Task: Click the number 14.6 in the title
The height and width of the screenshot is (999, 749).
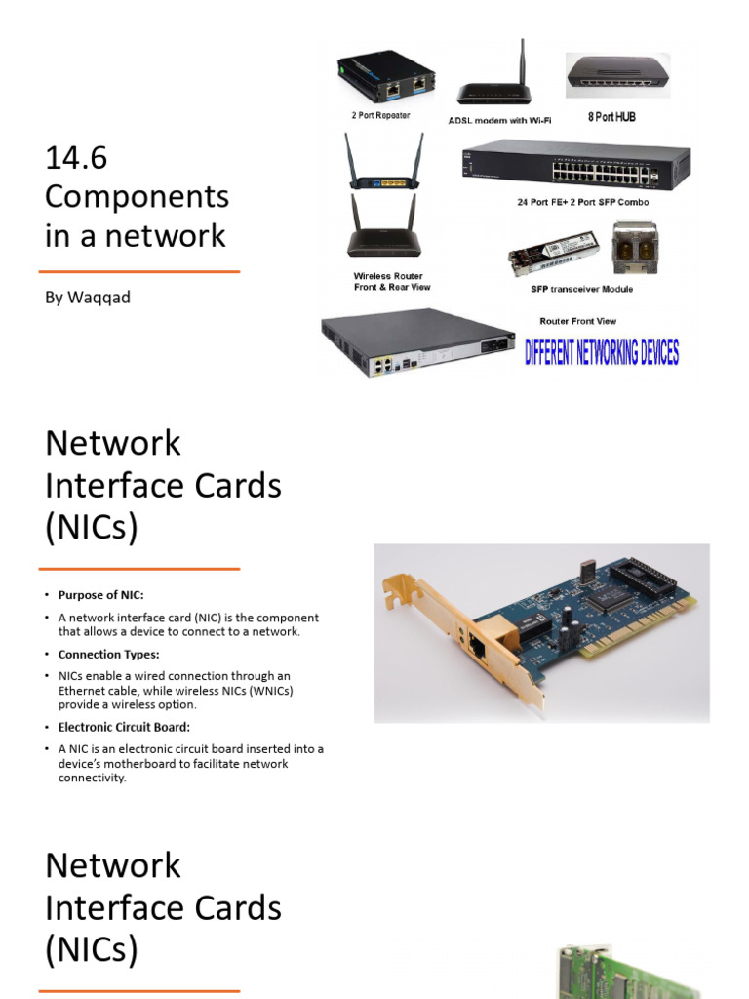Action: pos(76,157)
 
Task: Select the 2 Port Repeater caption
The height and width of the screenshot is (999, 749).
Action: pos(380,115)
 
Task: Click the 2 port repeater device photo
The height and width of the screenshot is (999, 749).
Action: pos(386,78)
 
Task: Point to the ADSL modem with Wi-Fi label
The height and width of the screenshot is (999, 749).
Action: pos(499,120)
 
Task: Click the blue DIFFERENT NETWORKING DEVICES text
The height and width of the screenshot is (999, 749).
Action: pos(602,352)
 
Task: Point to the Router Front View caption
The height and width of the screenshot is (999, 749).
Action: pos(577,321)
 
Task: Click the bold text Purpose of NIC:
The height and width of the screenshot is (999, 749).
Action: pos(101,595)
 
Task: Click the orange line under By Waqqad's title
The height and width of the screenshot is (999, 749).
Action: pos(139,271)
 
